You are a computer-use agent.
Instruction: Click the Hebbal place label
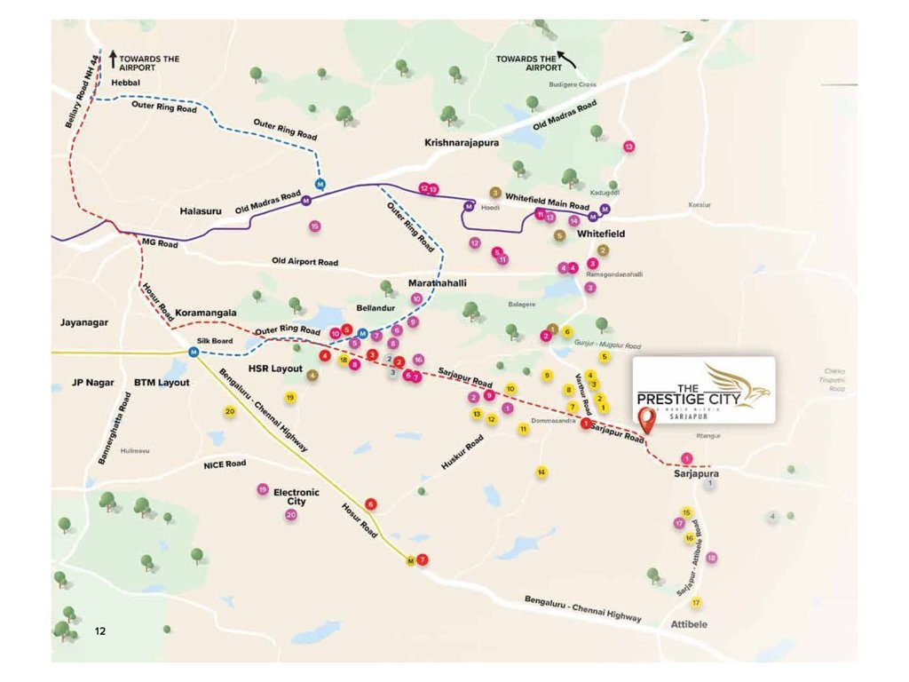point(126,83)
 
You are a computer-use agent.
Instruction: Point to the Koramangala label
point(206,313)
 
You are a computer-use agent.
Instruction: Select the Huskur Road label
point(462,453)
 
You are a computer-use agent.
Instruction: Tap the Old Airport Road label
point(305,263)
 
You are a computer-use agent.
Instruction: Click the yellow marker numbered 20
point(230,412)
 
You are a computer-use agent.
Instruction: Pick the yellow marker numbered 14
point(541,472)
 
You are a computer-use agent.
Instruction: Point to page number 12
point(100,630)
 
